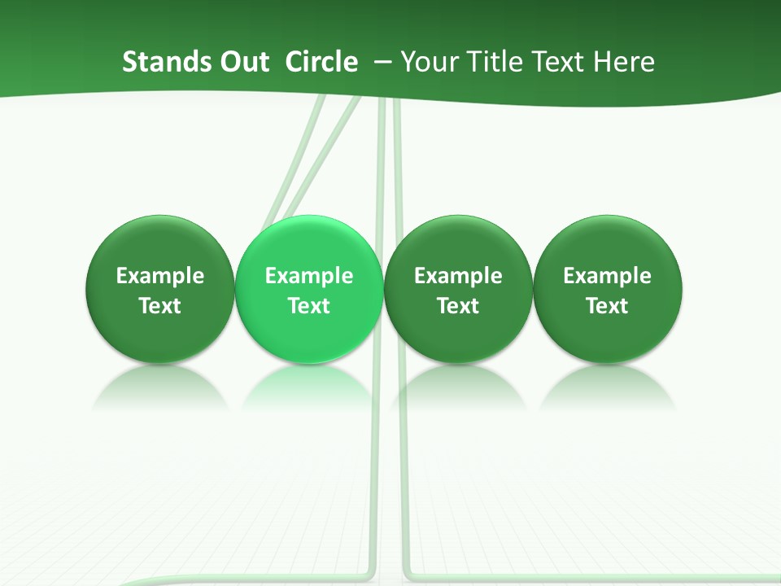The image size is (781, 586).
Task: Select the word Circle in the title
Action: [x=321, y=62]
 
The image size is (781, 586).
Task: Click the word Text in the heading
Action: [x=557, y=62]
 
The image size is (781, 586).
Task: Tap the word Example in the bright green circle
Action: [x=309, y=276]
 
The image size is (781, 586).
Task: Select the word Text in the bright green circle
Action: [x=309, y=306]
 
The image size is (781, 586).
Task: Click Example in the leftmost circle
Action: [x=160, y=276]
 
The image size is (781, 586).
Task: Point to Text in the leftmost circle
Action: [x=160, y=306]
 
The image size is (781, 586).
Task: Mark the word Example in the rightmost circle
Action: [x=607, y=276]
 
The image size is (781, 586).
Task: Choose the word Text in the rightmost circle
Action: [x=607, y=306]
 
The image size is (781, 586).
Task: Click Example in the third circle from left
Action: [x=458, y=276]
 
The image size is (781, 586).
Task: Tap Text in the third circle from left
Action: [x=458, y=306]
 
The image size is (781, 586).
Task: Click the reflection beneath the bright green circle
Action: [x=309, y=387]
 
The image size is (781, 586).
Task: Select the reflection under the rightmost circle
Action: [x=607, y=387]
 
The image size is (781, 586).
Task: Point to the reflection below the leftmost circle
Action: [x=160, y=387]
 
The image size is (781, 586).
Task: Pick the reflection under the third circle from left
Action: [x=458, y=387]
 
